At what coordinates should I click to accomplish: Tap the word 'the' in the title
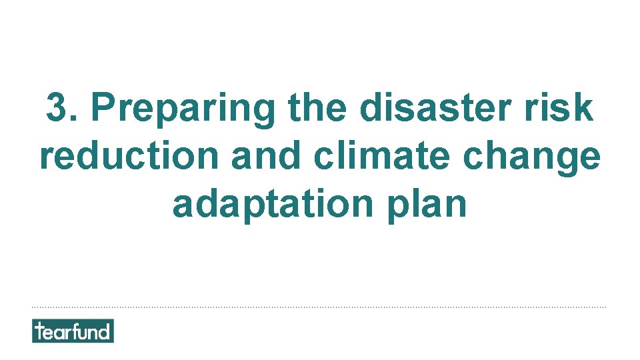tap(317, 107)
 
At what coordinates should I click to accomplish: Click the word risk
tap(566, 107)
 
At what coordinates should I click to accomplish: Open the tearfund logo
tap(73, 331)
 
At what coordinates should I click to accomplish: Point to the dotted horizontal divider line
tap(320, 307)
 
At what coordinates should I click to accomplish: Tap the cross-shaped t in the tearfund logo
tap(40, 331)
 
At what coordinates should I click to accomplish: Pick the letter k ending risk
tap(584, 107)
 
